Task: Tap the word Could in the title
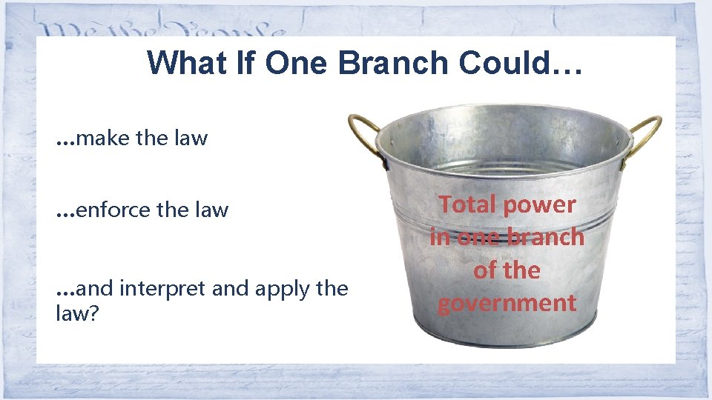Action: click(504, 63)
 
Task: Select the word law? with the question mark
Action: click(78, 315)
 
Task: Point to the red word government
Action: click(507, 303)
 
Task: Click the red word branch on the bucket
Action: click(548, 237)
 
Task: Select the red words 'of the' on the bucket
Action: click(507, 270)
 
